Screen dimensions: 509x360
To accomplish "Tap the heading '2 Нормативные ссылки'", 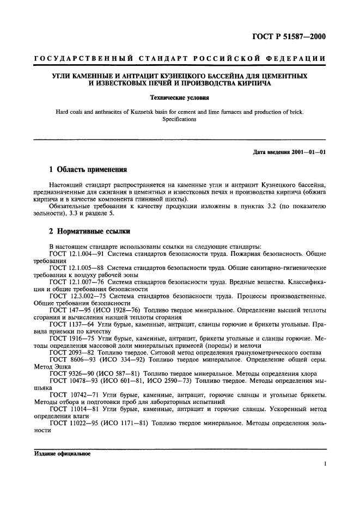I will click(89, 232).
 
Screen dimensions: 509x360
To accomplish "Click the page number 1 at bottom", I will click(324, 464).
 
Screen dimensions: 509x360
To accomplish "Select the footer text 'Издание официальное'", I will click(62, 453).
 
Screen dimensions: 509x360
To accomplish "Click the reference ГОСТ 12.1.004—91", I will click(76, 254).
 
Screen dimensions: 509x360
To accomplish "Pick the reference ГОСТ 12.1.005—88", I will click(76, 268).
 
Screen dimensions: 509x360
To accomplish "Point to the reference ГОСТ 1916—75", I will click(70, 339).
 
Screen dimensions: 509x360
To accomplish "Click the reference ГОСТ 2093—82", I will click(70, 353).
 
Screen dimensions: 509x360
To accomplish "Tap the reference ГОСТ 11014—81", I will click(72, 409).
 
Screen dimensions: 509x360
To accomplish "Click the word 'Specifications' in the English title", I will click(179, 119).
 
